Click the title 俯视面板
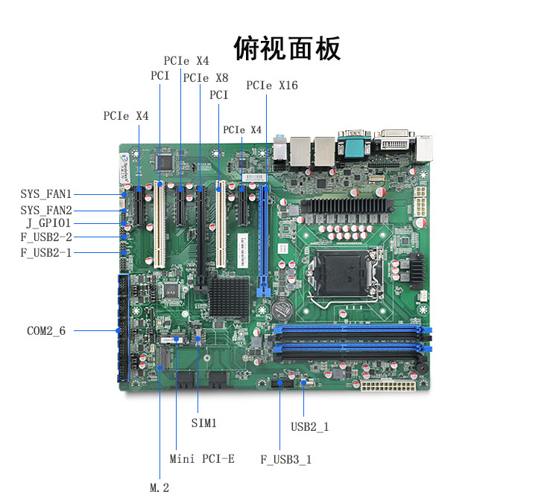pos(287,48)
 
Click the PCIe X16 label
pos(271,86)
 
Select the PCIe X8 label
pos(206,77)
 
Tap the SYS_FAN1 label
pos(46,194)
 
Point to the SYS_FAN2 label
pos(46,210)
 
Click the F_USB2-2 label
pos(46,237)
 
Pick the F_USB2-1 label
pos(46,253)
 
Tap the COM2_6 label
pos(46,330)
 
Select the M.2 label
pos(160,488)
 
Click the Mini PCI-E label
pos(202,459)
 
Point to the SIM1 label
pos(203,423)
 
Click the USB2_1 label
pos(309,426)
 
